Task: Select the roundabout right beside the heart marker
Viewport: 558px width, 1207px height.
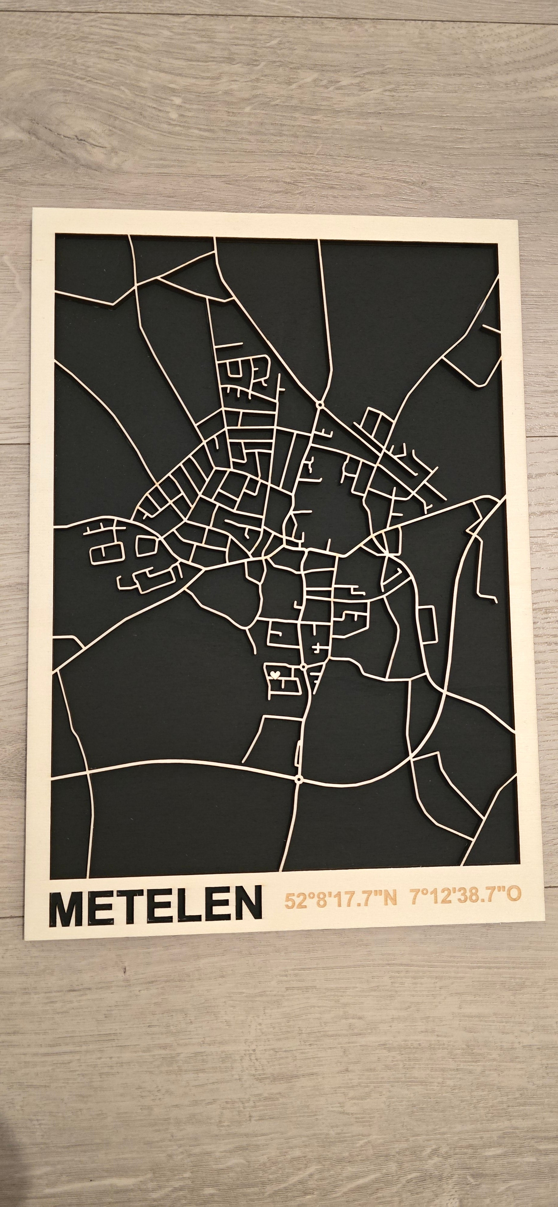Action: pos(303,666)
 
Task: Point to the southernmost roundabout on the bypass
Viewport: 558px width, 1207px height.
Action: pos(299,779)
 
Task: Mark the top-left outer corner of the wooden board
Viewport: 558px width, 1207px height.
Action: pos(33,209)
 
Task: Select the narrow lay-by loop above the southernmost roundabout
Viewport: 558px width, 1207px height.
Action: pos(298,755)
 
